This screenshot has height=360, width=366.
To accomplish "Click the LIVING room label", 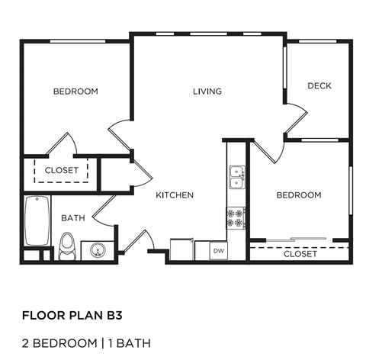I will (x=207, y=92).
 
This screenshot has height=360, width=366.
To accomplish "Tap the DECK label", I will (x=319, y=85).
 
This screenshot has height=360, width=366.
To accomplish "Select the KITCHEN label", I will (x=175, y=195).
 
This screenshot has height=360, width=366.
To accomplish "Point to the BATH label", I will (x=72, y=218).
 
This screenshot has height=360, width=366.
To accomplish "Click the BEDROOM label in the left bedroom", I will (x=75, y=92).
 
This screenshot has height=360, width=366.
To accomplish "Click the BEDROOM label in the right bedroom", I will (x=298, y=195).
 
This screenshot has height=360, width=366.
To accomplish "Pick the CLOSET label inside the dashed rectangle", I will (x=61, y=170).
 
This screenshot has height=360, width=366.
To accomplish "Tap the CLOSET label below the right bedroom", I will (x=300, y=254).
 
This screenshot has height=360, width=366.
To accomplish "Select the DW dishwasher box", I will (x=218, y=250).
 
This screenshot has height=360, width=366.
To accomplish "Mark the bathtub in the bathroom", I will (x=35, y=219).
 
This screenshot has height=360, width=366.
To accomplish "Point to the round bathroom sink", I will (x=97, y=249).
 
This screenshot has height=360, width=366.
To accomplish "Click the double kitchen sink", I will (x=236, y=177).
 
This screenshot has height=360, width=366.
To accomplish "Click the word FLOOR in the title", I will (x=40, y=313).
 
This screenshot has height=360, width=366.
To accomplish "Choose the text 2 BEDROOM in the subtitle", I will (x=58, y=342).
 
